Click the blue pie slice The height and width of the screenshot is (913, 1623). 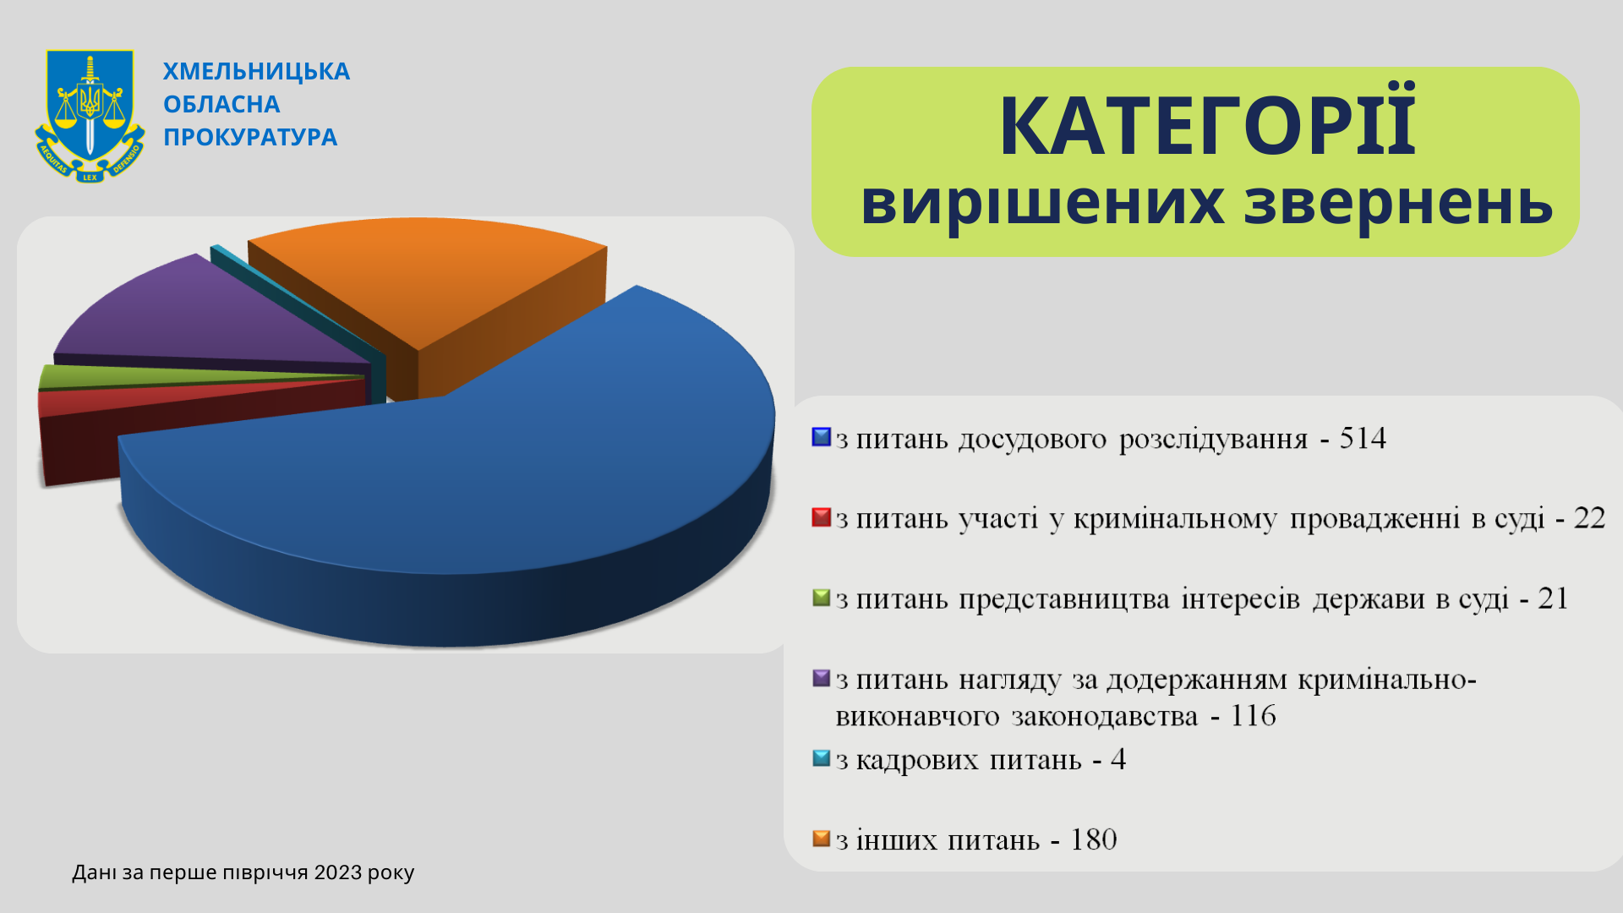tap(473, 473)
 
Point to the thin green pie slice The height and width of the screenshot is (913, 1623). tap(169, 375)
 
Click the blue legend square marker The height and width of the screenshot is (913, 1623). tap(822, 437)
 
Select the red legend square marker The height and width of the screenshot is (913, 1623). tap(822, 517)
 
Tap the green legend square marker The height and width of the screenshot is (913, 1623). tap(822, 598)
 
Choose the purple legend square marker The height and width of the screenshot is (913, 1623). tap(822, 678)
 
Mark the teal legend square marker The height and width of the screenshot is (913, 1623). tap(822, 758)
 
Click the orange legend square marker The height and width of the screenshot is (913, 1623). tap(822, 839)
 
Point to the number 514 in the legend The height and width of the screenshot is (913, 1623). tap(1363, 438)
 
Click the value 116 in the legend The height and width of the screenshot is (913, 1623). tap(1253, 715)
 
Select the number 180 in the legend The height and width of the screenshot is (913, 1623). tap(1094, 839)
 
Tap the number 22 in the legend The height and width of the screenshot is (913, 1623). tap(1589, 518)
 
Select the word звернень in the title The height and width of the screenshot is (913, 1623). tap(1398, 203)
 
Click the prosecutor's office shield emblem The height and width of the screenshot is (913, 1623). tap(90, 116)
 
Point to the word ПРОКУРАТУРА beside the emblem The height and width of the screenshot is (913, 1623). tap(250, 137)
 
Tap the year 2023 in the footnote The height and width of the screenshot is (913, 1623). tap(338, 872)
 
